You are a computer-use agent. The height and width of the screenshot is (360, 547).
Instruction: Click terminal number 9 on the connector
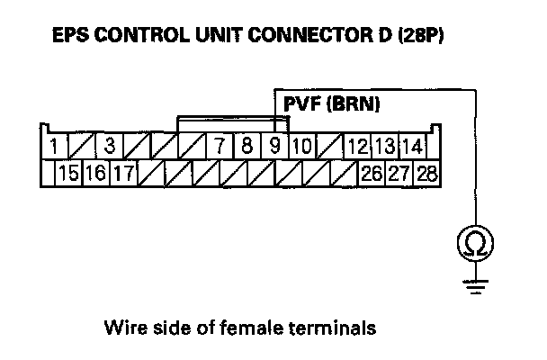tap(275, 145)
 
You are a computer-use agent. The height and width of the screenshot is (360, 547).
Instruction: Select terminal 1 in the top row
tap(56, 145)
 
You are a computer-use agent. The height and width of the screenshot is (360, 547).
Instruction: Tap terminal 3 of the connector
tap(108, 145)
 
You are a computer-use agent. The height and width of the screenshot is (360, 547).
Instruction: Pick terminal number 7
tap(219, 145)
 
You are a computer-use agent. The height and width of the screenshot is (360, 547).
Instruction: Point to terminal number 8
tap(247, 145)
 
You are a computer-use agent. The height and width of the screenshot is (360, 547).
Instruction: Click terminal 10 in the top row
tap(302, 145)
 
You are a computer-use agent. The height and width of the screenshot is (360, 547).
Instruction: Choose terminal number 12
tap(357, 145)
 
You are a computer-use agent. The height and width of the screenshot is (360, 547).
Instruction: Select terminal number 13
tap(384, 145)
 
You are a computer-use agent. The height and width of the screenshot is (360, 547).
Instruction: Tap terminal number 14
tap(412, 145)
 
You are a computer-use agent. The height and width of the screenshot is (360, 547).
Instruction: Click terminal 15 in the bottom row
tap(67, 173)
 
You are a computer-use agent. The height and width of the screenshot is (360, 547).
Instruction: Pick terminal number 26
tap(370, 173)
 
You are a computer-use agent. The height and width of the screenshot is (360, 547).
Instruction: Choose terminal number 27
tap(399, 173)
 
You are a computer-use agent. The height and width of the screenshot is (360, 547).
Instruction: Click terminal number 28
tap(426, 173)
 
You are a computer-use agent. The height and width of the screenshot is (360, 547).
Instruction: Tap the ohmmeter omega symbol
tap(473, 241)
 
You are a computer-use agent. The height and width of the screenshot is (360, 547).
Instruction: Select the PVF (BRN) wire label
tap(331, 104)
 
